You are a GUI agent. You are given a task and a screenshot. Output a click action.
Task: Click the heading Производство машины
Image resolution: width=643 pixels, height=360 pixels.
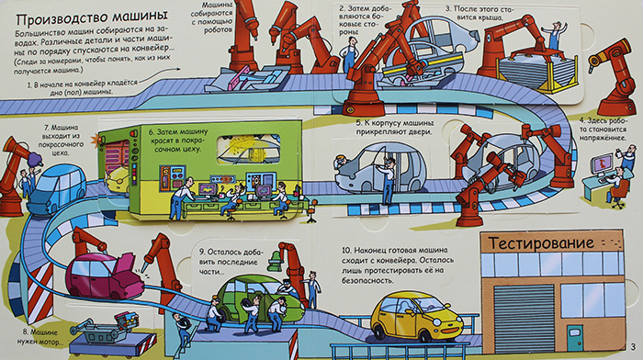point(92,19)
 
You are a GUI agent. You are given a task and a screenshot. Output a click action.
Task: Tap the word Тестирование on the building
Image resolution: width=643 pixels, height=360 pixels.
point(541,243)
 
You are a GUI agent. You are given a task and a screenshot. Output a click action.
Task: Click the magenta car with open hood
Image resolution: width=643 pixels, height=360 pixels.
point(106,275)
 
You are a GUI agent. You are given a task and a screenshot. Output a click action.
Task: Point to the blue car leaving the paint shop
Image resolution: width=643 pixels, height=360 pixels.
point(57,188)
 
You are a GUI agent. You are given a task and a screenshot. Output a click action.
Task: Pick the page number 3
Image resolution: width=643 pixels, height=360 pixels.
point(633,346)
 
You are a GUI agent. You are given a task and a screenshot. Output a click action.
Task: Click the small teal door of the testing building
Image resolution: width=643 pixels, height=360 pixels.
point(575,337)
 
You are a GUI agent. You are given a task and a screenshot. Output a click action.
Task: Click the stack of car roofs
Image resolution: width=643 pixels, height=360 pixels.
point(534,72)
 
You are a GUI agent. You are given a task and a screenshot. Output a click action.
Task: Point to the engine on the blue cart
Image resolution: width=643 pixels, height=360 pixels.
point(128,321)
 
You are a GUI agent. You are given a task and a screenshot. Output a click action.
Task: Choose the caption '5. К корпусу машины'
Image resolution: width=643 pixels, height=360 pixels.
point(394,127)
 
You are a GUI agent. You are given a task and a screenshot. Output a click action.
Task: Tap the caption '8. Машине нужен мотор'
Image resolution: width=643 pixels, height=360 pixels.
point(40,337)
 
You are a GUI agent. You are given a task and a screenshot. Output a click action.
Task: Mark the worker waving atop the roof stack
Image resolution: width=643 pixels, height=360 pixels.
point(555,36)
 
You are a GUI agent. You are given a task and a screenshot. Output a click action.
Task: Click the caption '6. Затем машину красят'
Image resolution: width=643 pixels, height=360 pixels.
point(177,141)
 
